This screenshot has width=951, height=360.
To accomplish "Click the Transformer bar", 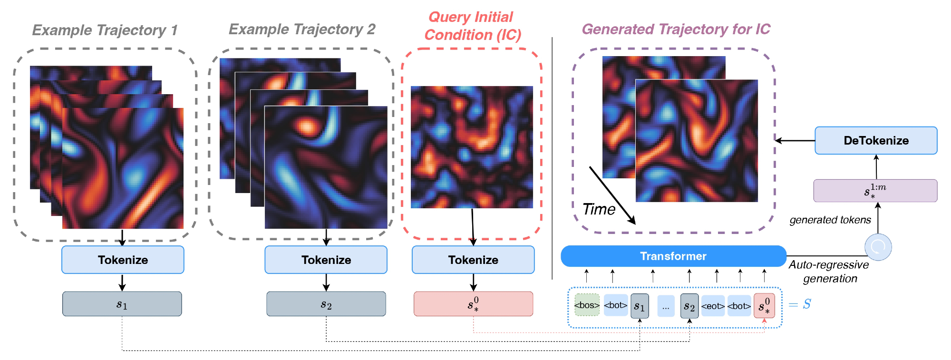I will coord(673,256).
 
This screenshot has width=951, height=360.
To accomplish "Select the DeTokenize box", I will coord(876,141).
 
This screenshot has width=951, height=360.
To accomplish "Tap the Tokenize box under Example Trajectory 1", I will coord(123,260).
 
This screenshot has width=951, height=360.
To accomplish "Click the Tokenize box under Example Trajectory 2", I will coord(326,260).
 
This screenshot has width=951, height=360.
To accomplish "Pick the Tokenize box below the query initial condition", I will coord(473,260).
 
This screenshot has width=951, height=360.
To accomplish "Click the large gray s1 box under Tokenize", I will coord(122,304).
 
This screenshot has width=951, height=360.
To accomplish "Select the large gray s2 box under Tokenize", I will coord(326,304).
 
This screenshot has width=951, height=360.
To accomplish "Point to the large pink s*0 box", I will coord(473,304).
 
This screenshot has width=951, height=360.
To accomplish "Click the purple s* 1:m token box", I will coord(875,191).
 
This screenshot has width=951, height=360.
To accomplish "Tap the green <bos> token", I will coord(587,305).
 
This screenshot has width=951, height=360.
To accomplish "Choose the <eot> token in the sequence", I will coord(712,306).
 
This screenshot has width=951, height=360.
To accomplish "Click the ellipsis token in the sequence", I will coord(666,306).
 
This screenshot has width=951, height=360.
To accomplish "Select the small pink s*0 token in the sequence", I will coord(764,305).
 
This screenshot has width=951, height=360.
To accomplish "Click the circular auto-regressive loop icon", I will coord(878,247).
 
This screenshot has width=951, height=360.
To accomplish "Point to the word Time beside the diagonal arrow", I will coord(599,209).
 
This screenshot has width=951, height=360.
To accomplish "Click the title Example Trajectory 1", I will coord(105,30).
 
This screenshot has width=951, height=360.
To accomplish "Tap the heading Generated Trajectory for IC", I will coord(676,29).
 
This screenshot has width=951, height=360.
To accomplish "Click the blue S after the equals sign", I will coord(806,304).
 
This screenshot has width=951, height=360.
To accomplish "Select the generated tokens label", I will coord(830,220).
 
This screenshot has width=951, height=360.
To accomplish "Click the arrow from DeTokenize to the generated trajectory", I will coord(795,140).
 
